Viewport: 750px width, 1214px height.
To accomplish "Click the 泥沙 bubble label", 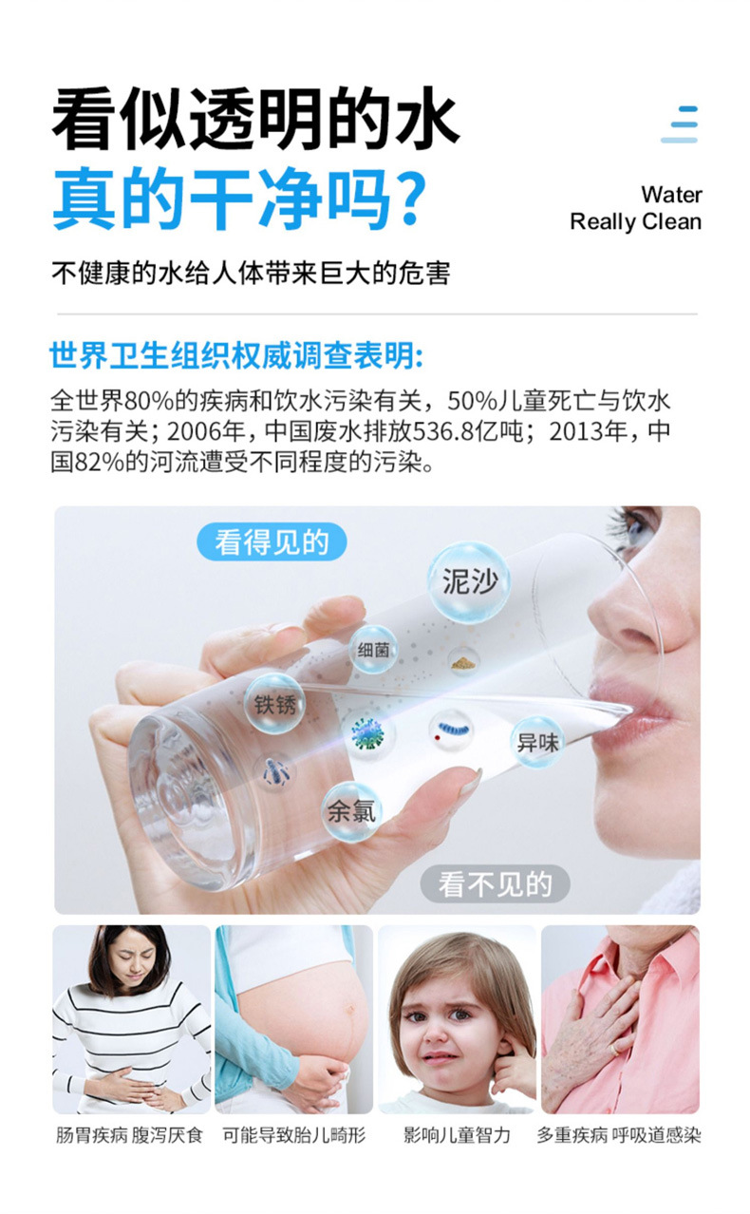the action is tap(470, 581).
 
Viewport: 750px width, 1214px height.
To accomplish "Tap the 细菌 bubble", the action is tap(372, 650).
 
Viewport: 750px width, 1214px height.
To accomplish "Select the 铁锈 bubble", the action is tap(275, 704).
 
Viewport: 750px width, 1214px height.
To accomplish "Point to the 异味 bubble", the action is tap(537, 742).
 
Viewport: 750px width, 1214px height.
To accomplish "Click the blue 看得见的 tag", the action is tap(272, 541).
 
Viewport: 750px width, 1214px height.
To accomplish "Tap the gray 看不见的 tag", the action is tap(496, 884).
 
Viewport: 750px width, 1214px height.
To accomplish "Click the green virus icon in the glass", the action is tap(367, 734).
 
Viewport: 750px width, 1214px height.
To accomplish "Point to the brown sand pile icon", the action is tap(464, 662).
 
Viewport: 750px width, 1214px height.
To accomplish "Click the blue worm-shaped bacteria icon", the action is tap(452, 729).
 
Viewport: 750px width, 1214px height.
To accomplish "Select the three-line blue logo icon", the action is tap(680, 124).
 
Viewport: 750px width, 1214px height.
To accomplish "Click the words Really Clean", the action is tap(636, 221).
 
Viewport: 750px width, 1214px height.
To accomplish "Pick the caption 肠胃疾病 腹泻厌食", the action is tap(129, 1134).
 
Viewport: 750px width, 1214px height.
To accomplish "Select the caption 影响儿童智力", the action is tap(457, 1134).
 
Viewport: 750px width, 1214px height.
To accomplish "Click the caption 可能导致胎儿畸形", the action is tap(294, 1134).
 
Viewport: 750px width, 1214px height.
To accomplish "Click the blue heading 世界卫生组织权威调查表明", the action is tap(236, 356).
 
